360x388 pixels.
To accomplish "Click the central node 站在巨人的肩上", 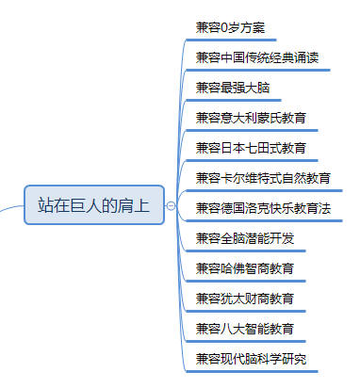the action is (x=94, y=205).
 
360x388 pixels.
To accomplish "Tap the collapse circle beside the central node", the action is (x=172, y=205).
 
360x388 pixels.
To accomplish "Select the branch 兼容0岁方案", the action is (x=230, y=27).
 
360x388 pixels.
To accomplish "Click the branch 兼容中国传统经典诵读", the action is (x=257, y=57).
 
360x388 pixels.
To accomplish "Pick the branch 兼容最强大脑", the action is (x=233, y=88).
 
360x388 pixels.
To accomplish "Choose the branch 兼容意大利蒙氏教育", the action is (x=251, y=118).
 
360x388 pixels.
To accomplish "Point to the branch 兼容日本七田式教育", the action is (x=251, y=148).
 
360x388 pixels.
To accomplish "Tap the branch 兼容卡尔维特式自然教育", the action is (x=263, y=178).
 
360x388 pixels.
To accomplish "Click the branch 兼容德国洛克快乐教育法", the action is (x=263, y=208).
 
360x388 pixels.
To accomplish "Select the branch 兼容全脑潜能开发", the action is (x=245, y=238).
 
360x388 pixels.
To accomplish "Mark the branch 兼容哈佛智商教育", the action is (x=245, y=268).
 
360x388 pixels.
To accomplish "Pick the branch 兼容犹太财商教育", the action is (x=245, y=299).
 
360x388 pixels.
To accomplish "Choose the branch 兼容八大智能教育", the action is (x=245, y=329).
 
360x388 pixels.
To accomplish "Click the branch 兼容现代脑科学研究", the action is (x=251, y=359).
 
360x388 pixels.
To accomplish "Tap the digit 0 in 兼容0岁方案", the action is (x=224, y=28).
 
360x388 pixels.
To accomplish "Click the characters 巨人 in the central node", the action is (x=86, y=205).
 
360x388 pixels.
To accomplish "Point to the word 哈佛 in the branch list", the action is (x=233, y=268).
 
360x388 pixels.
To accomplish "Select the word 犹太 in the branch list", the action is (x=233, y=299).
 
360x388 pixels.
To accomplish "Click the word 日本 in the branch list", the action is (x=233, y=148).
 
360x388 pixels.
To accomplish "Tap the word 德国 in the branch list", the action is (x=233, y=208).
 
